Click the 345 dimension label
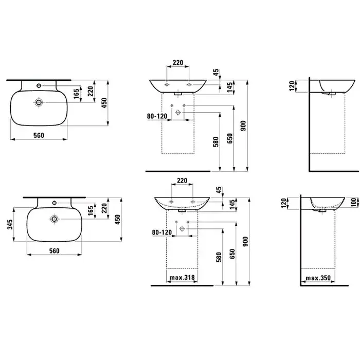(x=10, y=224)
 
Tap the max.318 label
(x=182, y=278)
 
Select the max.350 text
(x=318, y=278)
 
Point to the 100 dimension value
(x=354, y=202)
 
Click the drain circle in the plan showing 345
(x=55, y=219)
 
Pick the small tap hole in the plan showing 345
(x=55, y=203)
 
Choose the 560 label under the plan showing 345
(x=54, y=251)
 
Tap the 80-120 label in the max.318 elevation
(x=162, y=232)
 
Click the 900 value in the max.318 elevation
(x=245, y=242)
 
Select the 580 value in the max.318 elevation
(x=219, y=257)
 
